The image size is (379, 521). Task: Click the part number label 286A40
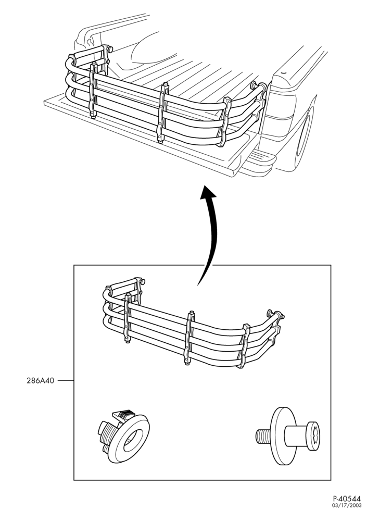[x=40, y=380]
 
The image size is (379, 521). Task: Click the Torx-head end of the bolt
[x=313, y=436]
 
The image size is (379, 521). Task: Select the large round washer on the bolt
[x=282, y=436]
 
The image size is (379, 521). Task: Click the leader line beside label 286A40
[x=66, y=380]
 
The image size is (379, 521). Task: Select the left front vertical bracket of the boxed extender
[x=128, y=318]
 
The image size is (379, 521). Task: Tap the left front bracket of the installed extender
[x=93, y=90]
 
